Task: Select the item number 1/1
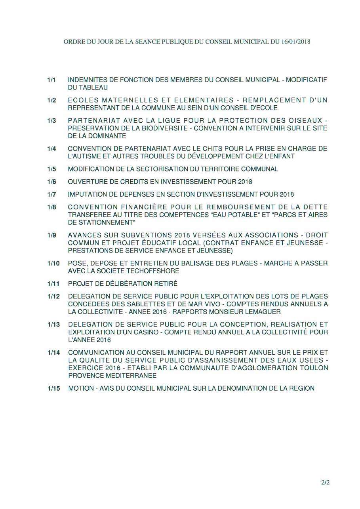pos(51,80)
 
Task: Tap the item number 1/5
pos(51,169)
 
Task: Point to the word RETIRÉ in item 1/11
pos(166,284)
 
